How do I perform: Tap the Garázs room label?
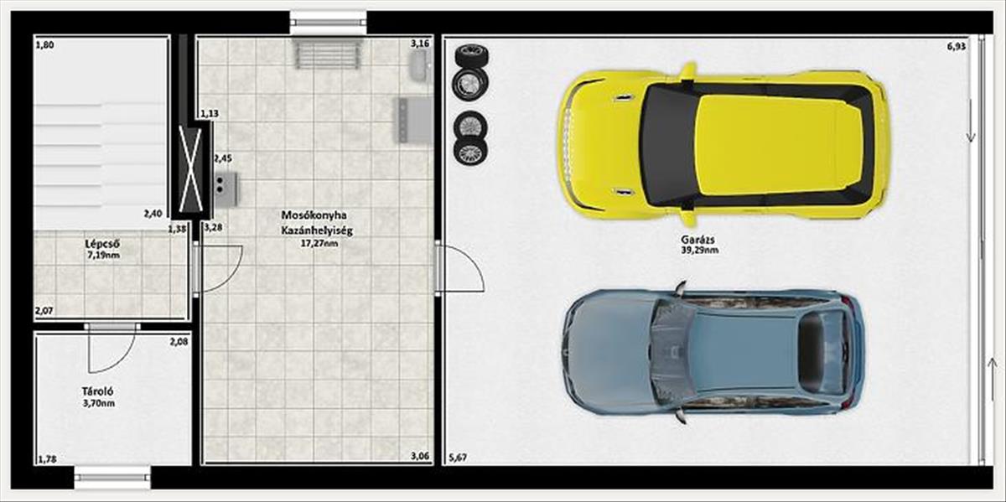pos(697,240)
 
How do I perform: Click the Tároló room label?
pos(97,391)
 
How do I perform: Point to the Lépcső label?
pos(102,244)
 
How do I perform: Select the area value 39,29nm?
pos(700,250)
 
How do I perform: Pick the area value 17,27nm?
pos(319,243)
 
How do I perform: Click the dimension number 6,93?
pos(957,46)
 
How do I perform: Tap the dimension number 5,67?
pos(458,458)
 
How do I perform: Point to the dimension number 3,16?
pos(420,44)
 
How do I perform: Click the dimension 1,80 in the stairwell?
pos(45,44)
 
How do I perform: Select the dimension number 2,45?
pos(223,158)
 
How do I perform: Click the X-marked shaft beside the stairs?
pos(190,169)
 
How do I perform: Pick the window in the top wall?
pos(329,23)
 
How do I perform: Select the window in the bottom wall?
pos(112,478)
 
